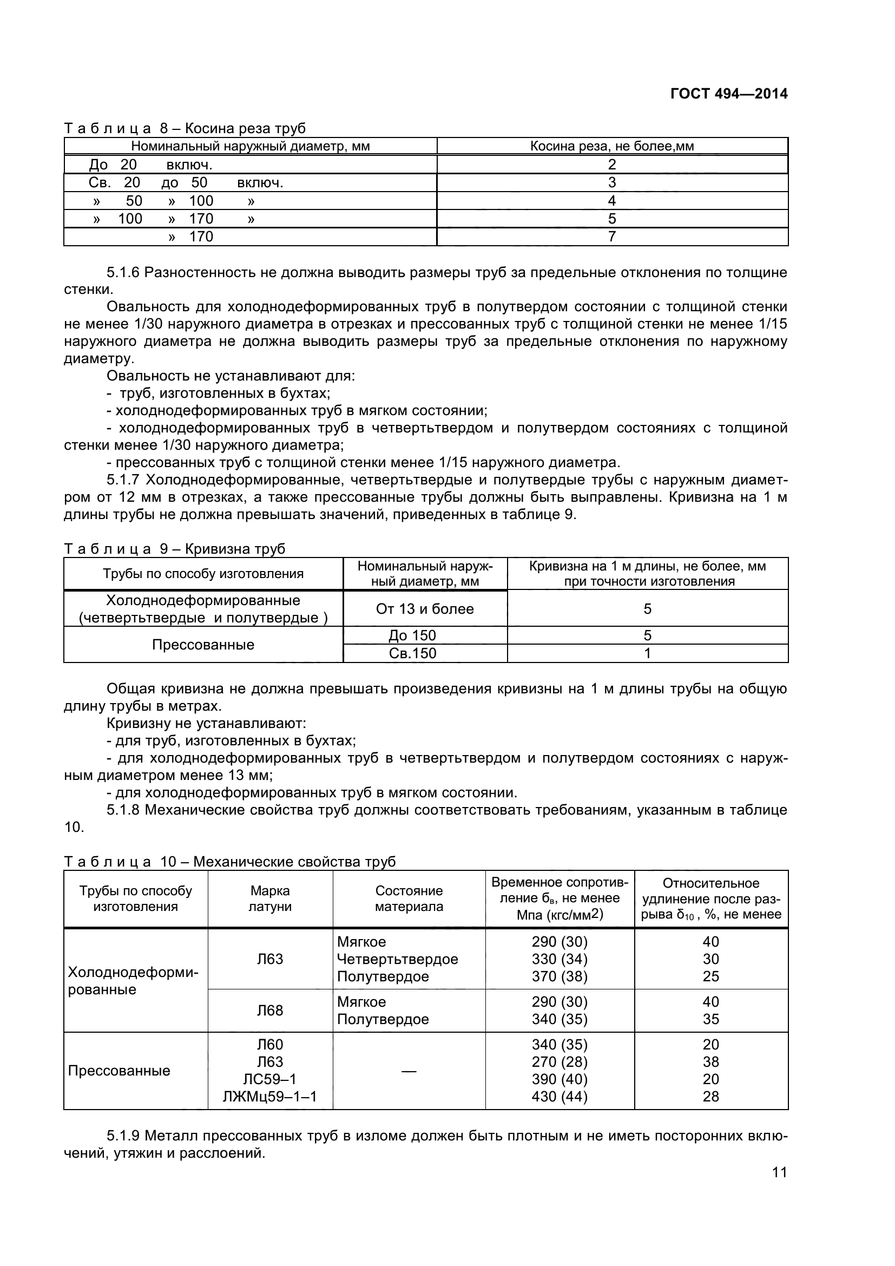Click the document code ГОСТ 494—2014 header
click(728, 94)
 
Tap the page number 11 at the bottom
click(779, 1187)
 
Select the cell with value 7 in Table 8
click(612, 237)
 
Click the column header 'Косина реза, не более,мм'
click(612, 146)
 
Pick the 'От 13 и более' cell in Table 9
click(424, 609)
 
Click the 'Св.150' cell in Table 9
click(412, 653)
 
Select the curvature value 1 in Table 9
click(648, 653)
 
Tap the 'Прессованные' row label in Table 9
click(203, 645)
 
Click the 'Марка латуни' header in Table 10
click(270, 899)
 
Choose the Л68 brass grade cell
click(270, 1010)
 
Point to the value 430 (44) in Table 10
click(560, 1096)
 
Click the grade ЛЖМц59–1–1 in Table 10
click(270, 1096)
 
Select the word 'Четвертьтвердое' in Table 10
click(397, 959)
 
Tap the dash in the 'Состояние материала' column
click(409, 1071)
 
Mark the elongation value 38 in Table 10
click(711, 1061)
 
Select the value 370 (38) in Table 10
click(560, 976)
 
